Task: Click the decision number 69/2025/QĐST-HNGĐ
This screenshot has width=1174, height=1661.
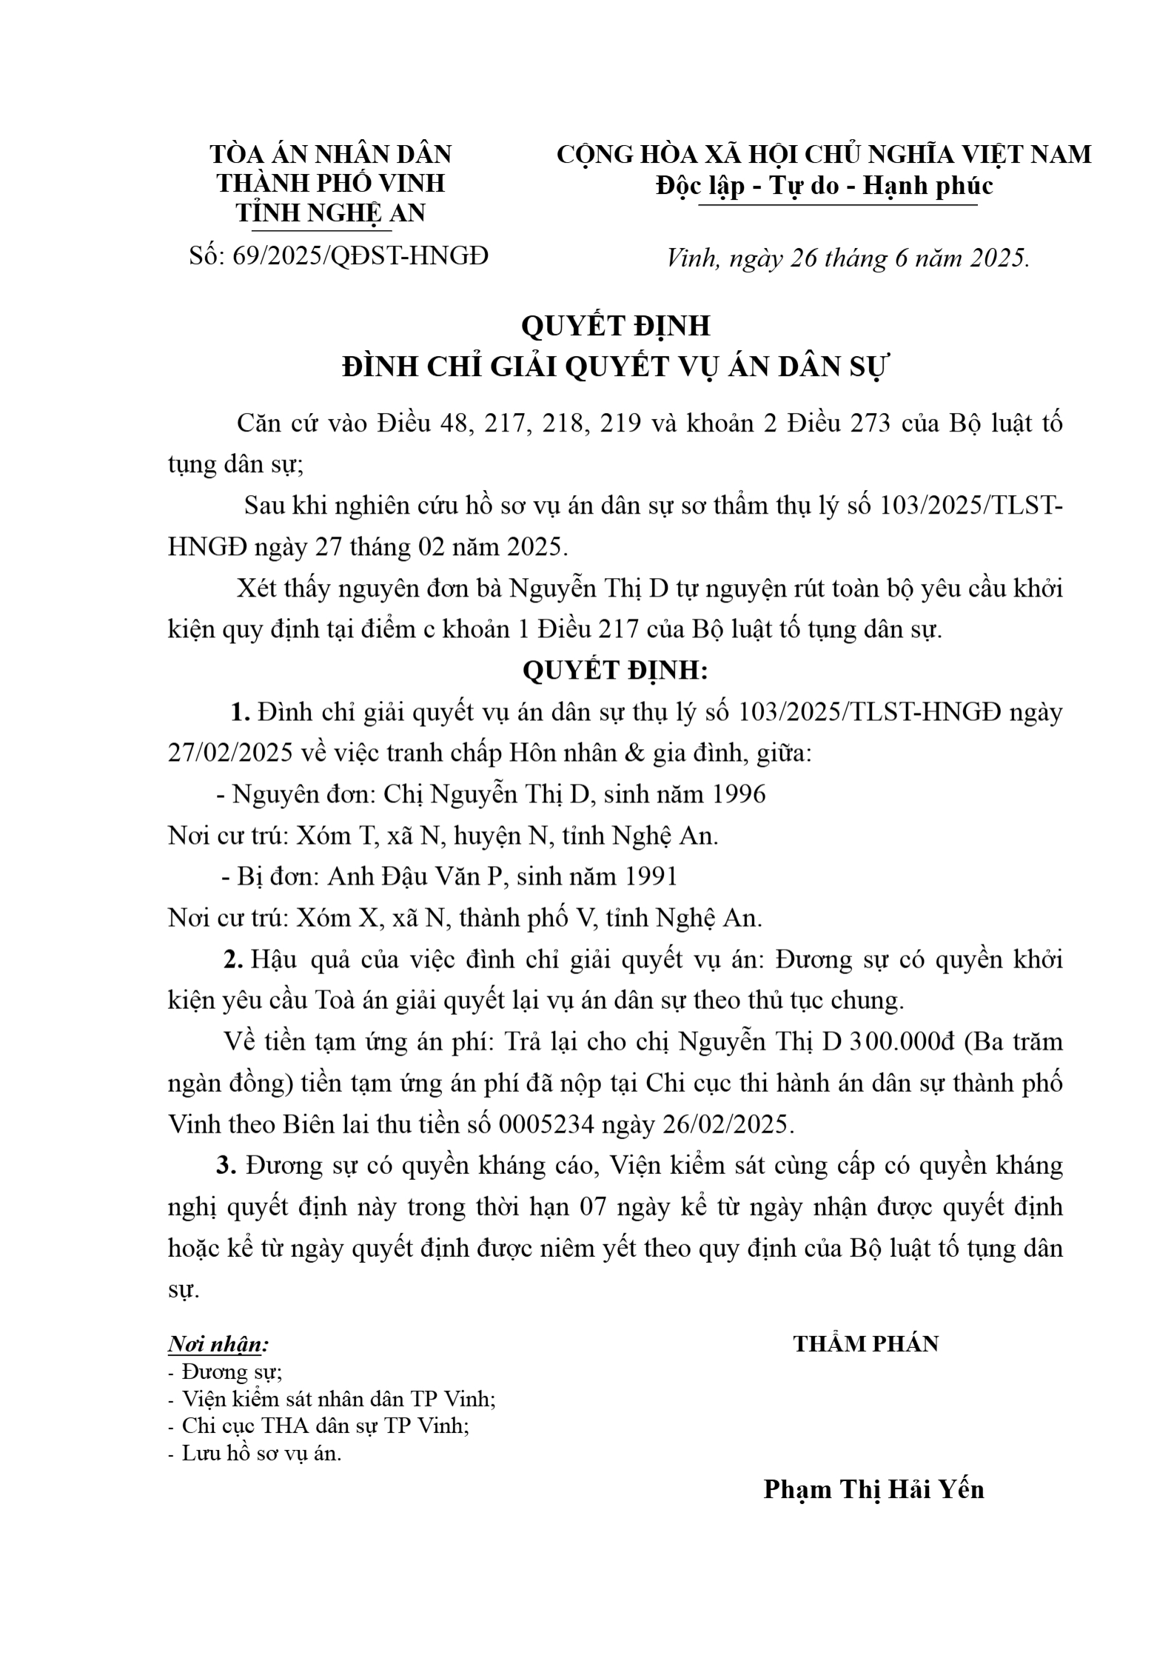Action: [x=360, y=256]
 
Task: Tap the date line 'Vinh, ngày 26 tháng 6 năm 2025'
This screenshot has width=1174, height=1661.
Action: [x=848, y=258]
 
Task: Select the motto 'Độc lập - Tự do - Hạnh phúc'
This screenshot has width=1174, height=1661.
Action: [x=824, y=186]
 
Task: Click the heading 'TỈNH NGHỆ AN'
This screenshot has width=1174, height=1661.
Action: [x=330, y=212]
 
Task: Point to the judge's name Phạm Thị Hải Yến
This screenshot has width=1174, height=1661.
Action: [x=873, y=1489]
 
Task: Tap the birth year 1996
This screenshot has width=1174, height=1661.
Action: [x=738, y=794]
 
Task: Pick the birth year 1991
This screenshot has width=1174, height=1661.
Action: [x=651, y=876]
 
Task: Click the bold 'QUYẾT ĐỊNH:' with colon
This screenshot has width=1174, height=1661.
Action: [x=615, y=671]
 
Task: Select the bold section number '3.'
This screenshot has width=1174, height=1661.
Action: [x=226, y=1166]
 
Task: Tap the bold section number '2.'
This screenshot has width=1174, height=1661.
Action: [x=234, y=960]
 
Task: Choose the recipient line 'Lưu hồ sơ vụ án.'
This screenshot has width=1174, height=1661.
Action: [x=255, y=1453]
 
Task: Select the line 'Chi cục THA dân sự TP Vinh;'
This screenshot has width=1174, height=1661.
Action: [x=318, y=1426]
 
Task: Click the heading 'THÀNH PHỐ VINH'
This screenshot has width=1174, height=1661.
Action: [x=330, y=183]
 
